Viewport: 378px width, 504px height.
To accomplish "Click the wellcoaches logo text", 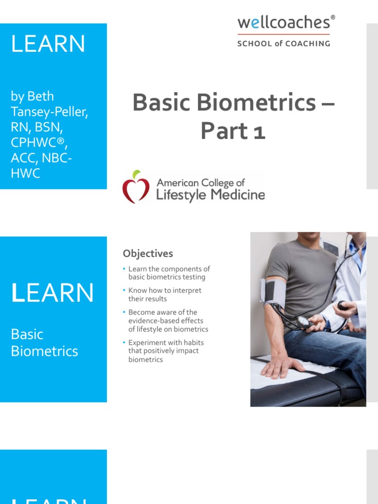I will (x=283, y=23).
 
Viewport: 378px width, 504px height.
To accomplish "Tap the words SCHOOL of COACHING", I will (x=283, y=43).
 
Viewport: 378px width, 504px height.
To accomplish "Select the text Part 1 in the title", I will (x=233, y=131).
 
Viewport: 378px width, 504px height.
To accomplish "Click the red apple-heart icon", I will (x=136, y=187).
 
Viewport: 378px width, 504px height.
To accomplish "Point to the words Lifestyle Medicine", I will (x=210, y=195).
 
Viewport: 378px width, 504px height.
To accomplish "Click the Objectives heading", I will (x=148, y=253).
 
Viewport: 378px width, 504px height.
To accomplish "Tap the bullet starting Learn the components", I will (x=169, y=273).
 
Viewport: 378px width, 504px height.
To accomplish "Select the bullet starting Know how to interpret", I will (x=164, y=294).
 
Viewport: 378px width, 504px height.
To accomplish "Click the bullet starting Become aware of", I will (x=168, y=320).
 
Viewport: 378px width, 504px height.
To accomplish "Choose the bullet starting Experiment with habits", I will (x=166, y=351).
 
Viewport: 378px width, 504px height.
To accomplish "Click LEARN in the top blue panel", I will (x=48, y=44).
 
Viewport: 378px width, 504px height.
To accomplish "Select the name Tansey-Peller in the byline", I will (x=49, y=112).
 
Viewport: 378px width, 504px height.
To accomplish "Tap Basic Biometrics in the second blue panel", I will (x=44, y=343).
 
